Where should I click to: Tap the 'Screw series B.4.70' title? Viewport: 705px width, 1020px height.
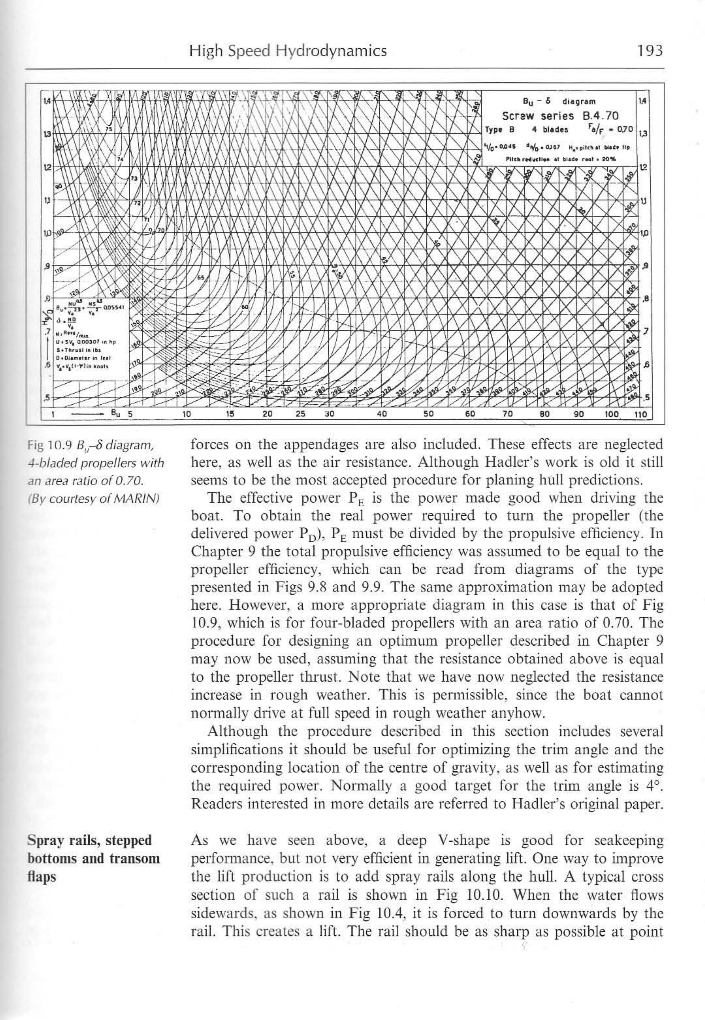[560, 116]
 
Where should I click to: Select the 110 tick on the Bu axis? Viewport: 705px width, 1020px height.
[640, 414]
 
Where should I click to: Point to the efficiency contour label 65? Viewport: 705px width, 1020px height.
[201, 278]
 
